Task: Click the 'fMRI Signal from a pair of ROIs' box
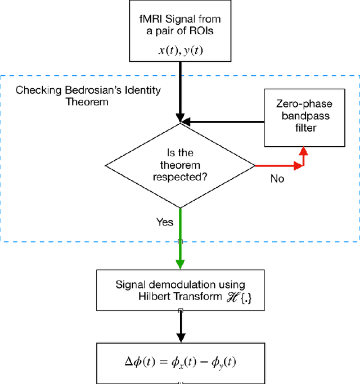(180, 30)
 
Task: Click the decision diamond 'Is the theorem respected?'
(180, 165)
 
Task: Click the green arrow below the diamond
(180, 236)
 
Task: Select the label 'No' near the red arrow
(277, 179)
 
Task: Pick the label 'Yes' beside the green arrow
(165, 222)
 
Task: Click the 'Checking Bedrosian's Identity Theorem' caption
(87, 96)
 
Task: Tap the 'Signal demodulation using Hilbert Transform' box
(180, 290)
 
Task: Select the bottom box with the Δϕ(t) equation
(180, 363)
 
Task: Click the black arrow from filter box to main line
(225, 120)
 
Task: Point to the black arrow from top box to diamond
(180, 90)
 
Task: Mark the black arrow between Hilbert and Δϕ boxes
(180, 326)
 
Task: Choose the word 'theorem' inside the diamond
(180, 166)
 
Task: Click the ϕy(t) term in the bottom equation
(224, 363)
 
